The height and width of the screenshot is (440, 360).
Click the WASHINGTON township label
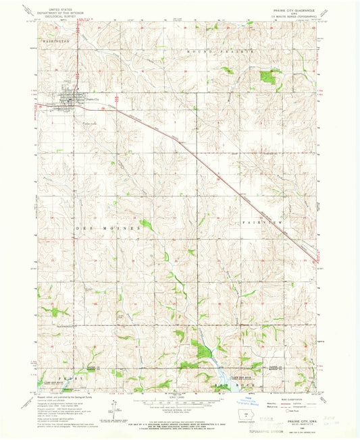click(x=58, y=42)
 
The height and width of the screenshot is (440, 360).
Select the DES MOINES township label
click(x=100, y=228)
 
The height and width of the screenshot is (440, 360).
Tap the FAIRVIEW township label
click(x=259, y=221)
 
